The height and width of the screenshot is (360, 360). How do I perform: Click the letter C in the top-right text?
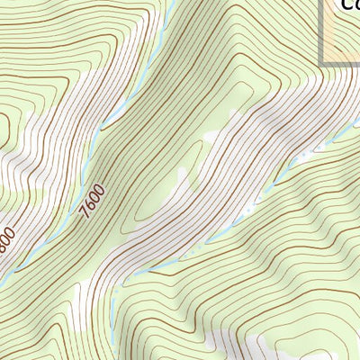tap(343, 4)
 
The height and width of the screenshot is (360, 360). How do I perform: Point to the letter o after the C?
tap(355, 5)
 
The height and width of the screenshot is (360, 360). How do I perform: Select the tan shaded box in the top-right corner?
tap(343, 36)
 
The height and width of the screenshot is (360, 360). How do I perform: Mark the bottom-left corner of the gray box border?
tap(322, 64)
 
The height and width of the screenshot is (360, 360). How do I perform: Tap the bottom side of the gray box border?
tap(342, 64)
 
